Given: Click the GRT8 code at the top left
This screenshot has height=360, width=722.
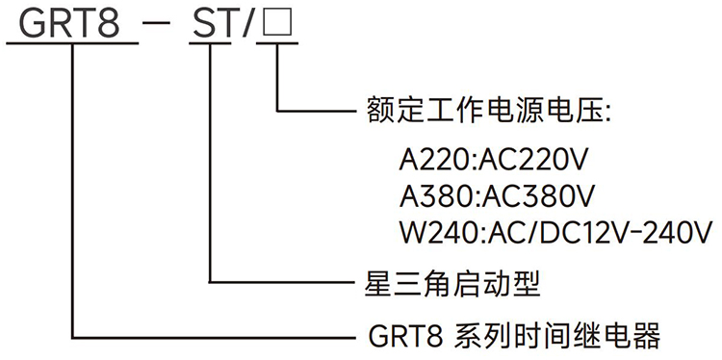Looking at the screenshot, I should coord(70,23).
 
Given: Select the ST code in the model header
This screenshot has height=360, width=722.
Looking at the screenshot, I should coord(212,23).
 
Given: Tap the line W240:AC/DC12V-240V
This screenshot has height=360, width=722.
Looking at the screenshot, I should coord(555,232).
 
